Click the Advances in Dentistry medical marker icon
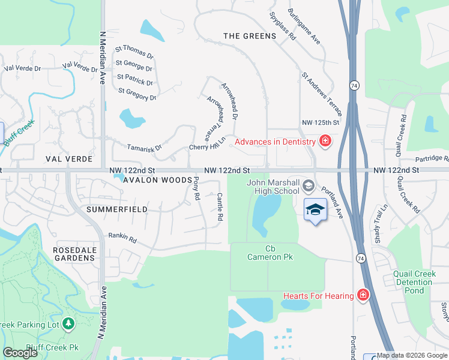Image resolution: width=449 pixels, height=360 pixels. coord(325,142)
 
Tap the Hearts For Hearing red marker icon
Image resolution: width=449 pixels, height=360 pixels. coord(363,295)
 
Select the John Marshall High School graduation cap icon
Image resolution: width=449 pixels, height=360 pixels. coord(309,184)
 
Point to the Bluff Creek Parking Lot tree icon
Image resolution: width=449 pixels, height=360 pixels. coord(68,325)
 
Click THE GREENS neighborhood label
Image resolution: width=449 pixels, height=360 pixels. coord(250,36)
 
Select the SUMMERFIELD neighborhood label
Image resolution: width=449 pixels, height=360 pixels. coord(116,209)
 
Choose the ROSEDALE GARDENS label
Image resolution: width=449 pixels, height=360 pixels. coord(74,253)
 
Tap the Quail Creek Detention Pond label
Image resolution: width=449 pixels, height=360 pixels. coord(414,282)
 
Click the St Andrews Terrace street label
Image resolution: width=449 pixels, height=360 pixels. coord(322,94)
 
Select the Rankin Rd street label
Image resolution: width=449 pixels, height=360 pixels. coord(122,238)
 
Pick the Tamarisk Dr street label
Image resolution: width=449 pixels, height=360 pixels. coord(145,148)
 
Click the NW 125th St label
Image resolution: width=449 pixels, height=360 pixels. coord(321,122)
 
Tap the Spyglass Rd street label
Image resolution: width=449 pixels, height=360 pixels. coord(283,27)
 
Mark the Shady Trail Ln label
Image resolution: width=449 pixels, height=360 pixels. coord(381,214)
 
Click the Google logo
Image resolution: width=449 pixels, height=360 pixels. coord(20,353)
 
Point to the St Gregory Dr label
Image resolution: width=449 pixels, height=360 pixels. coord(137,94)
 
